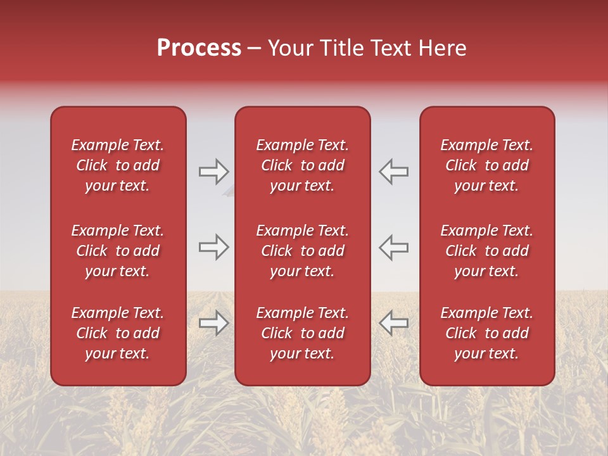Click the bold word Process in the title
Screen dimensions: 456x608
click(199, 48)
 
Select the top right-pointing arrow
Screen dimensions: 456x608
click(213, 172)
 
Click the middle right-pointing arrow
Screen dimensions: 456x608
click(213, 247)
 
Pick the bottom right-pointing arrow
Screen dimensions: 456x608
click(213, 323)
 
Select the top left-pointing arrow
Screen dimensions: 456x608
click(394, 172)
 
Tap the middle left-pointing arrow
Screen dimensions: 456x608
click(394, 247)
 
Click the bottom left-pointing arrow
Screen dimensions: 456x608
click(394, 323)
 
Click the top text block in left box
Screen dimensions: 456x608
click(118, 165)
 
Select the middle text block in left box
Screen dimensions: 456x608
click(118, 251)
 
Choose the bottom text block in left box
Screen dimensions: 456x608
click(118, 333)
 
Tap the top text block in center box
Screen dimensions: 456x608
click(302, 165)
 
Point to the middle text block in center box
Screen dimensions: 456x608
click(302, 251)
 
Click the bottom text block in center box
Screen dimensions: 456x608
click(302, 333)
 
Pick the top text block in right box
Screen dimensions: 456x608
click(486, 165)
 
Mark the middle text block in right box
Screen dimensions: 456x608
click(486, 251)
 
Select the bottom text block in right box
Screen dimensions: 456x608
click(486, 333)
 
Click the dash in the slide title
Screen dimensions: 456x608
click(255, 49)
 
